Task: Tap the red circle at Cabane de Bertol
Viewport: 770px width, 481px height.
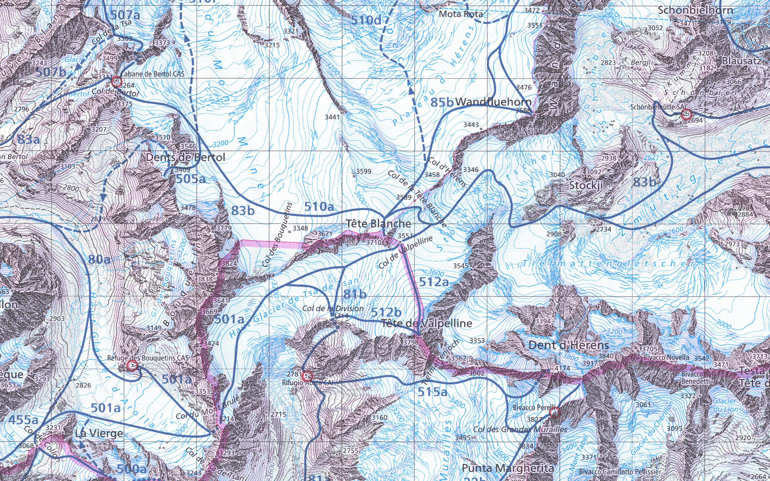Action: (x=117, y=82)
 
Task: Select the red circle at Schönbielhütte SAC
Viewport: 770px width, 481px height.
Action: (x=686, y=114)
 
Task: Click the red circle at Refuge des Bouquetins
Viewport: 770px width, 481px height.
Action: (x=132, y=366)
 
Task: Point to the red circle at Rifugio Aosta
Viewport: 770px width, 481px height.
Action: (x=307, y=376)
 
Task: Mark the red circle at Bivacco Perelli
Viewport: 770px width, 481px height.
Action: (x=554, y=412)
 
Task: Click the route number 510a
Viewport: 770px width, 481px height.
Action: (x=319, y=207)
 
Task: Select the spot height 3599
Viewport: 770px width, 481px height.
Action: (x=363, y=171)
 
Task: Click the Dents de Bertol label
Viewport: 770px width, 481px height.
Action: (x=186, y=157)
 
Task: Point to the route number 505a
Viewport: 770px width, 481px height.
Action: (x=191, y=179)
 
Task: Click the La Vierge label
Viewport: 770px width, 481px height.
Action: (x=99, y=433)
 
